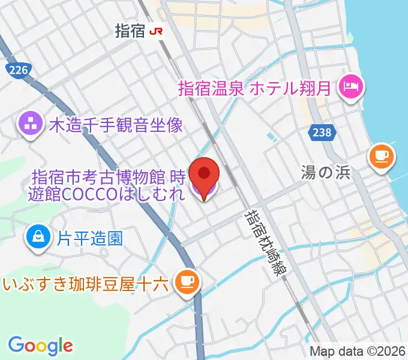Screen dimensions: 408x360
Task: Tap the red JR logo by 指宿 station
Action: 157,32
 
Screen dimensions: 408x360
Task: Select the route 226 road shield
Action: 19,71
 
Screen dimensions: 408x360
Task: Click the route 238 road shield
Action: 322,133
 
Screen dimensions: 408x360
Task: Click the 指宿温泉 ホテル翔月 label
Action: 255,89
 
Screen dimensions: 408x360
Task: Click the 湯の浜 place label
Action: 325,173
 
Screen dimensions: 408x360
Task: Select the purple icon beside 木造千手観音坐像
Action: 29,125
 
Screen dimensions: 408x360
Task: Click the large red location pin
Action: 204,173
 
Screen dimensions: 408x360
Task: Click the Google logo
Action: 40,345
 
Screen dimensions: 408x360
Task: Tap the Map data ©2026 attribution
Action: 358,352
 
